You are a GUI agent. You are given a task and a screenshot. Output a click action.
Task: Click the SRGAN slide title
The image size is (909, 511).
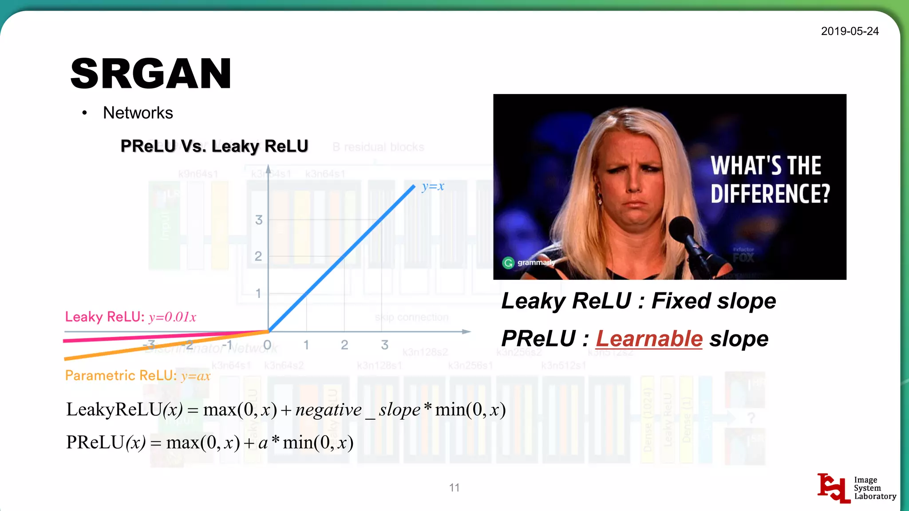[x=151, y=74]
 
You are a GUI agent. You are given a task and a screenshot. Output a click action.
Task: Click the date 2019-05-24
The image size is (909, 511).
[x=850, y=31]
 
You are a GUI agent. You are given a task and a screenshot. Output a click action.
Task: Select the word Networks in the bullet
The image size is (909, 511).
[x=138, y=113]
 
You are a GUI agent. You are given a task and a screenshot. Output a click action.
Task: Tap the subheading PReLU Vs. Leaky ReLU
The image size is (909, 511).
[x=214, y=146]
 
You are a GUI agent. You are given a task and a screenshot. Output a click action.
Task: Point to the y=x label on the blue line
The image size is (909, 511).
[x=433, y=186]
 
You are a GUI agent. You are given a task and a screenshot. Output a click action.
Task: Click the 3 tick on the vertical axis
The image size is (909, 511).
[x=259, y=220]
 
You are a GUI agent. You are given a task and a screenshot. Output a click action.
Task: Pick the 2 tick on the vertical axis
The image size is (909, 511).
[x=258, y=256]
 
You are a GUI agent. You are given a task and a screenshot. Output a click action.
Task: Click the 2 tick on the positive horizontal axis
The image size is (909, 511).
[x=344, y=345]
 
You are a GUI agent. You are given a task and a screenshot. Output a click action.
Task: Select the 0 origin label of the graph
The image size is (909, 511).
[x=267, y=345]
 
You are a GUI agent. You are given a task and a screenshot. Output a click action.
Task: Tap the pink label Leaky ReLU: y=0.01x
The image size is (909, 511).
[x=130, y=317]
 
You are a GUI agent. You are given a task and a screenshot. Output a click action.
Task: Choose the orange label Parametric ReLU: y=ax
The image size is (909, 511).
[x=138, y=376]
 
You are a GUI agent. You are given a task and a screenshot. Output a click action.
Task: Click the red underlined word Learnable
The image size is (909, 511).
[x=649, y=339]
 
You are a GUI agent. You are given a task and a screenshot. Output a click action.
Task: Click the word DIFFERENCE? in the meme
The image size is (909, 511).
[x=770, y=194]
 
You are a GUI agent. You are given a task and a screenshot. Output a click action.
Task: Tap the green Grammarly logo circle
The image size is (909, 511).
[x=508, y=263]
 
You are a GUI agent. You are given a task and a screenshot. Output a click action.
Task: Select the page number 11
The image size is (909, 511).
[x=454, y=488]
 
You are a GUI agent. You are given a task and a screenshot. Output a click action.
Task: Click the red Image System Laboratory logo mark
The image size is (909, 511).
[x=833, y=488]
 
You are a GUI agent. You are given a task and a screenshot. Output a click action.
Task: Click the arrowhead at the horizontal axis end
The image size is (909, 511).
[x=466, y=331]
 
